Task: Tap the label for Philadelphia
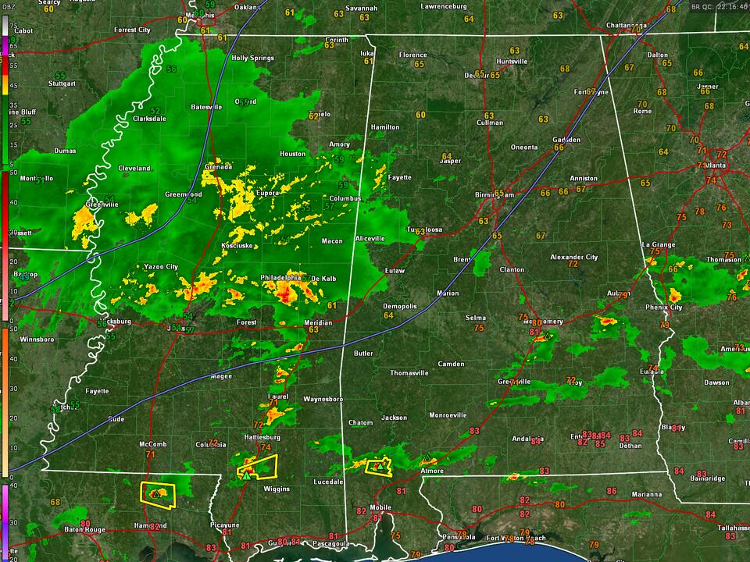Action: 280,277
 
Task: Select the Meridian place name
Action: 318,322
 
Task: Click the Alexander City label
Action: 573,257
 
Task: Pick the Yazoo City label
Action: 161,267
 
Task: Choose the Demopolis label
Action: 401,306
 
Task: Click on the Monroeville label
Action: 448,415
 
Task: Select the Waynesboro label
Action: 323,399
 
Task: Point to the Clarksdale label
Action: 149,119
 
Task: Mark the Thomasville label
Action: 410,373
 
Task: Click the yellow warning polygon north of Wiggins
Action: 259,468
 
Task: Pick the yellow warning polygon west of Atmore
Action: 378,466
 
